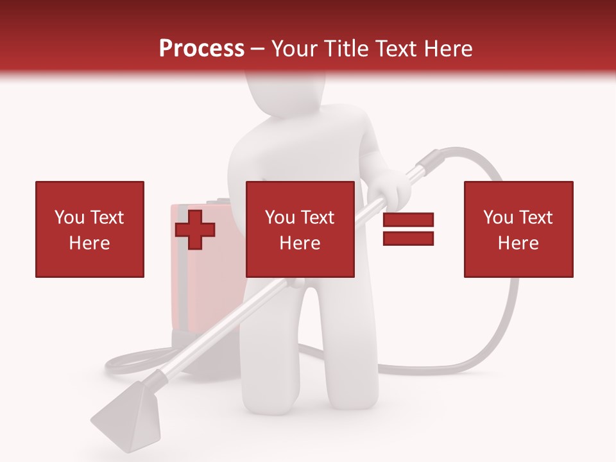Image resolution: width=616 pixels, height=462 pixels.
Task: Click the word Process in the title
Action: click(x=201, y=49)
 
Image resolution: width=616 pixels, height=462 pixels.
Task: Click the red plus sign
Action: click(x=195, y=230)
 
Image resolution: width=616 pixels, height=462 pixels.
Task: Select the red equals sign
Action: click(x=408, y=229)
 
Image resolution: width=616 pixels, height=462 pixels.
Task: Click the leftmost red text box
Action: click(x=90, y=229)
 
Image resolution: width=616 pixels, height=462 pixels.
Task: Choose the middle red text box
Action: click(x=300, y=229)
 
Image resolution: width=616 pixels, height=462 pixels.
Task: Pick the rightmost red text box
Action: click(x=518, y=229)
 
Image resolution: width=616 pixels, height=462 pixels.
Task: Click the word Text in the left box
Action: click(x=107, y=218)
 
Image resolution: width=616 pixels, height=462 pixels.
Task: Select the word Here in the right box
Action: click(x=518, y=243)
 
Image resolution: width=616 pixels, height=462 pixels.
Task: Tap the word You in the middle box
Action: click(x=280, y=218)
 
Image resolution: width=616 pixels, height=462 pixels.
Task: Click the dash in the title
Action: click(x=258, y=49)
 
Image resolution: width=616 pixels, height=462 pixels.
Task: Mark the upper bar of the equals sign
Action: click(x=408, y=220)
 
